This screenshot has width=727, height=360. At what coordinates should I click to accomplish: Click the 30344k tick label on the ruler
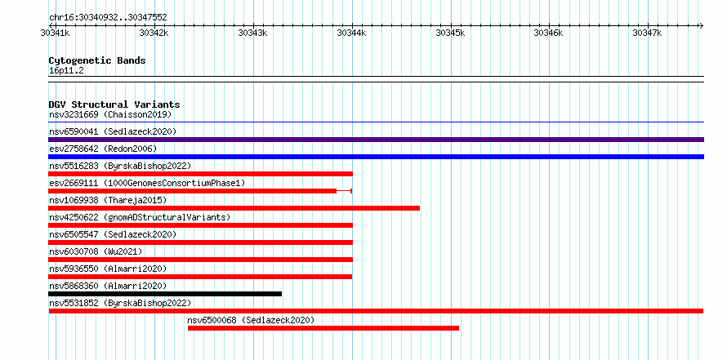pyautogui.click(x=352, y=33)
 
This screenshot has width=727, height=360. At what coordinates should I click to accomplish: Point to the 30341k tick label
pyautogui.click(x=56, y=33)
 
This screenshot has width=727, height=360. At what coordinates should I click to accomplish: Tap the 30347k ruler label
pyautogui.click(x=648, y=33)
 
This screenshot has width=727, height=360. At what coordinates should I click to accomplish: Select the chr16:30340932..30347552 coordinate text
pyautogui.click(x=108, y=18)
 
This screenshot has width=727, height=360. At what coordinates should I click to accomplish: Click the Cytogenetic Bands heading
pyautogui.click(x=97, y=60)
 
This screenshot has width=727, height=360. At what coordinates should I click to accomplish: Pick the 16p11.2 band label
pyautogui.click(x=66, y=71)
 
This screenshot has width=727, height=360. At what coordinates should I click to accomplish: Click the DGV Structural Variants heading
pyautogui.click(x=114, y=104)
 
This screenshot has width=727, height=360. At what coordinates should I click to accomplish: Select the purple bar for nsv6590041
pyautogui.click(x=376, y=140)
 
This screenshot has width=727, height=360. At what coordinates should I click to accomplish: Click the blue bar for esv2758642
pyautogui.click(x=376, y=157)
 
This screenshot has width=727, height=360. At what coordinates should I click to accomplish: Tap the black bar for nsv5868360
pyautogui.click(x=165, y=294)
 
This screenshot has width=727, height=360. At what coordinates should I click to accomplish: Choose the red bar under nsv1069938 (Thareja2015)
pyautogui.click(x=234, y=208)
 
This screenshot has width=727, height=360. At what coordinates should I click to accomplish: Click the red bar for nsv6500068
pyautogui.click(x=323, y=328)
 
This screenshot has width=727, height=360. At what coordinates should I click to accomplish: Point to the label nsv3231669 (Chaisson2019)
pyautogui.click(x=110, y=114)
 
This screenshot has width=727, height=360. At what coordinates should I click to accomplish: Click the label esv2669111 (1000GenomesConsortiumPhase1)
pyautogui.click(x=147, y=183)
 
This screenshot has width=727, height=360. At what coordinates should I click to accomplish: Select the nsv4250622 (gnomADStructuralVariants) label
pyautogui.click(x=140, y=217)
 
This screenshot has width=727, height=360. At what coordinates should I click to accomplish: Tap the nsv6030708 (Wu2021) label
pyautogui.click(x=96, y=251)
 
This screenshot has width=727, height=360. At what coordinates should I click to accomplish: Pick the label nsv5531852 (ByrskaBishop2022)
pyautogui.click(x=120, y=303)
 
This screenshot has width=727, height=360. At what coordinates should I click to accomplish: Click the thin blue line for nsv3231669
pyautogui.click(x=376, y=122)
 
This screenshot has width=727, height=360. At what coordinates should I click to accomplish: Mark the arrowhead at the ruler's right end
pyautogui.click(x=702, y=25)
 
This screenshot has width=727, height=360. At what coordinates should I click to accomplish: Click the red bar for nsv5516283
pyautogui.click(x=200, y=174)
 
